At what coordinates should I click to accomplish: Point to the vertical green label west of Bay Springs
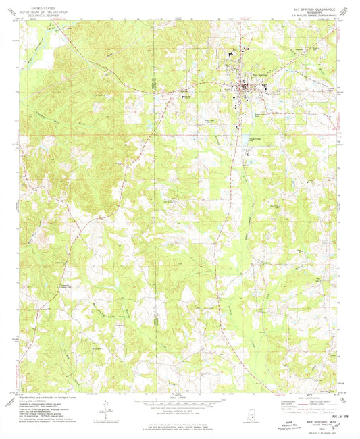[153, 84]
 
